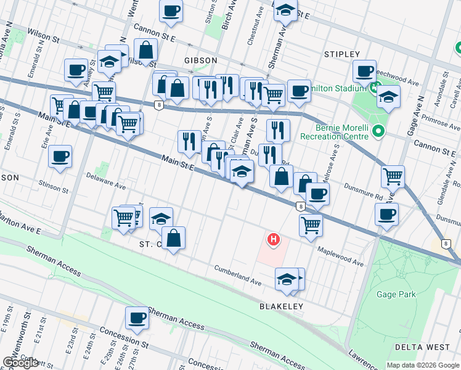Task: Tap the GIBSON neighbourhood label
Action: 200,60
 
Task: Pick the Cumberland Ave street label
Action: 237,276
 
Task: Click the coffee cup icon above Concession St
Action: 137,318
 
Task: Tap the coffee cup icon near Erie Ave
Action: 60,157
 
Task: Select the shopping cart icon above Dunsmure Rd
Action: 393,176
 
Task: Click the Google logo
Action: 21,363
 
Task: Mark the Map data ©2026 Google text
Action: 423,365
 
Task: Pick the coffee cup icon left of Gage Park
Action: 386,215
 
